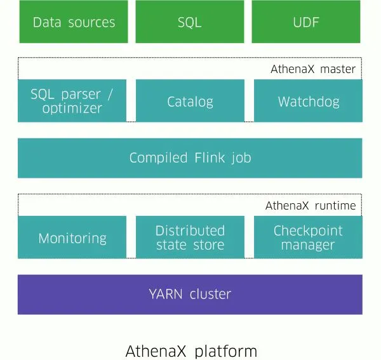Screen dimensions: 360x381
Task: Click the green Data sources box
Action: coord(73,22)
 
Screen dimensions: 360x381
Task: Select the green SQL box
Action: coord(190,22)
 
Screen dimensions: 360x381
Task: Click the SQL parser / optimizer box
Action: coord(72,101)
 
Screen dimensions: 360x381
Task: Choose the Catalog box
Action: coord(190,101)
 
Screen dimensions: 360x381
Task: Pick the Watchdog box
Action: coord(308,101)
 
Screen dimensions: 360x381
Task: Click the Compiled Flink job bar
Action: coord(190,157)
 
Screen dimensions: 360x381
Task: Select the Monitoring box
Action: coord(72,238)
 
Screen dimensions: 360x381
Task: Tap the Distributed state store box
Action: coord(190,237)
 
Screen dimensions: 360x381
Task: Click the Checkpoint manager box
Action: coord(308,237)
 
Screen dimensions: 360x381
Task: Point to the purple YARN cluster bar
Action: coord(190,294)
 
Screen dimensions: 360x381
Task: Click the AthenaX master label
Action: coord(313,69)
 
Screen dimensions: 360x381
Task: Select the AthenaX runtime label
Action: coord(311,206)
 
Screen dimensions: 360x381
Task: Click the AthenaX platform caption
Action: coord(191,351)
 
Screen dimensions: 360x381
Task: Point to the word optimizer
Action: coord(72,109)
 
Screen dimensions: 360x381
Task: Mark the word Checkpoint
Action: coord(308,230)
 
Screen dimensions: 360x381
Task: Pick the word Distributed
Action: coord(190,230)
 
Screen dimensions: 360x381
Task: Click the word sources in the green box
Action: coord(91,22)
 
